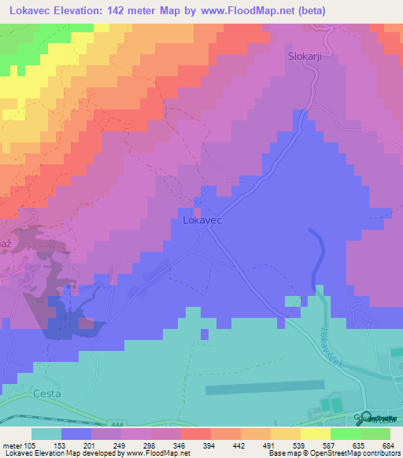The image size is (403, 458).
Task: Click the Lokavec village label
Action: click(201, 221)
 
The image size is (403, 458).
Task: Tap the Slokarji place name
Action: click(304, 56)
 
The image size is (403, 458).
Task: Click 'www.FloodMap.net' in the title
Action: click(240, 11)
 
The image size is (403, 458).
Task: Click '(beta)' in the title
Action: click(309, 11)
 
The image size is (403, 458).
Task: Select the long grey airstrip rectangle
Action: click(264, 387)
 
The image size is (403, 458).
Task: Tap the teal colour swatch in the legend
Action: click(46, 434)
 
